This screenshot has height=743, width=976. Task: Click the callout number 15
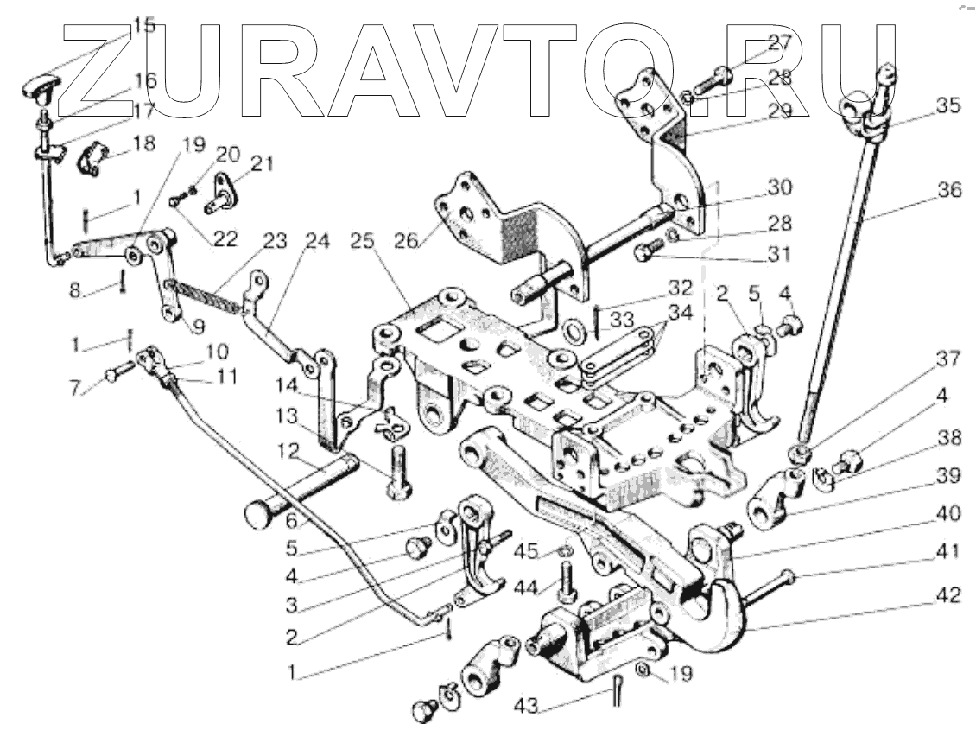click(143, 25)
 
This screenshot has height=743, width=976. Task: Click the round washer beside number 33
click(572, 332)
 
